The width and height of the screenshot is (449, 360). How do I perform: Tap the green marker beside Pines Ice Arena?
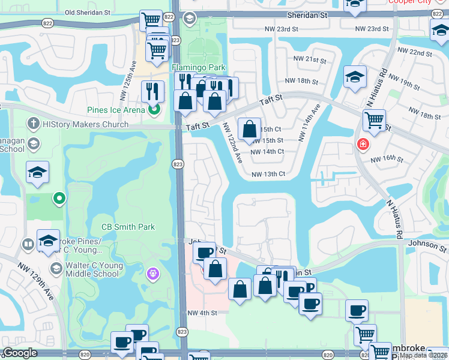[154, 109]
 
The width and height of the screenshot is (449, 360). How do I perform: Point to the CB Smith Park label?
[128, 227]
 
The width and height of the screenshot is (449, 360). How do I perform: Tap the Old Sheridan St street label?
[88, 12]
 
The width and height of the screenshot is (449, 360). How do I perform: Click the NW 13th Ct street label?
[268, 174]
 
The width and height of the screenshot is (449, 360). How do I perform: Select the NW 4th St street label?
[200, 313]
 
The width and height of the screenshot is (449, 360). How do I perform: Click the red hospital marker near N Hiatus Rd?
[363, 144]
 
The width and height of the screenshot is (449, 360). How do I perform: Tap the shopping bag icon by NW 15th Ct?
[249, 128]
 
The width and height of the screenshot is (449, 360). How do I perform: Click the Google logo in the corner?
[20, 353]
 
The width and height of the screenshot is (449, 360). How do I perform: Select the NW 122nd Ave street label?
[232, 143]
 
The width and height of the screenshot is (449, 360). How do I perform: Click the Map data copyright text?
[423, 355]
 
